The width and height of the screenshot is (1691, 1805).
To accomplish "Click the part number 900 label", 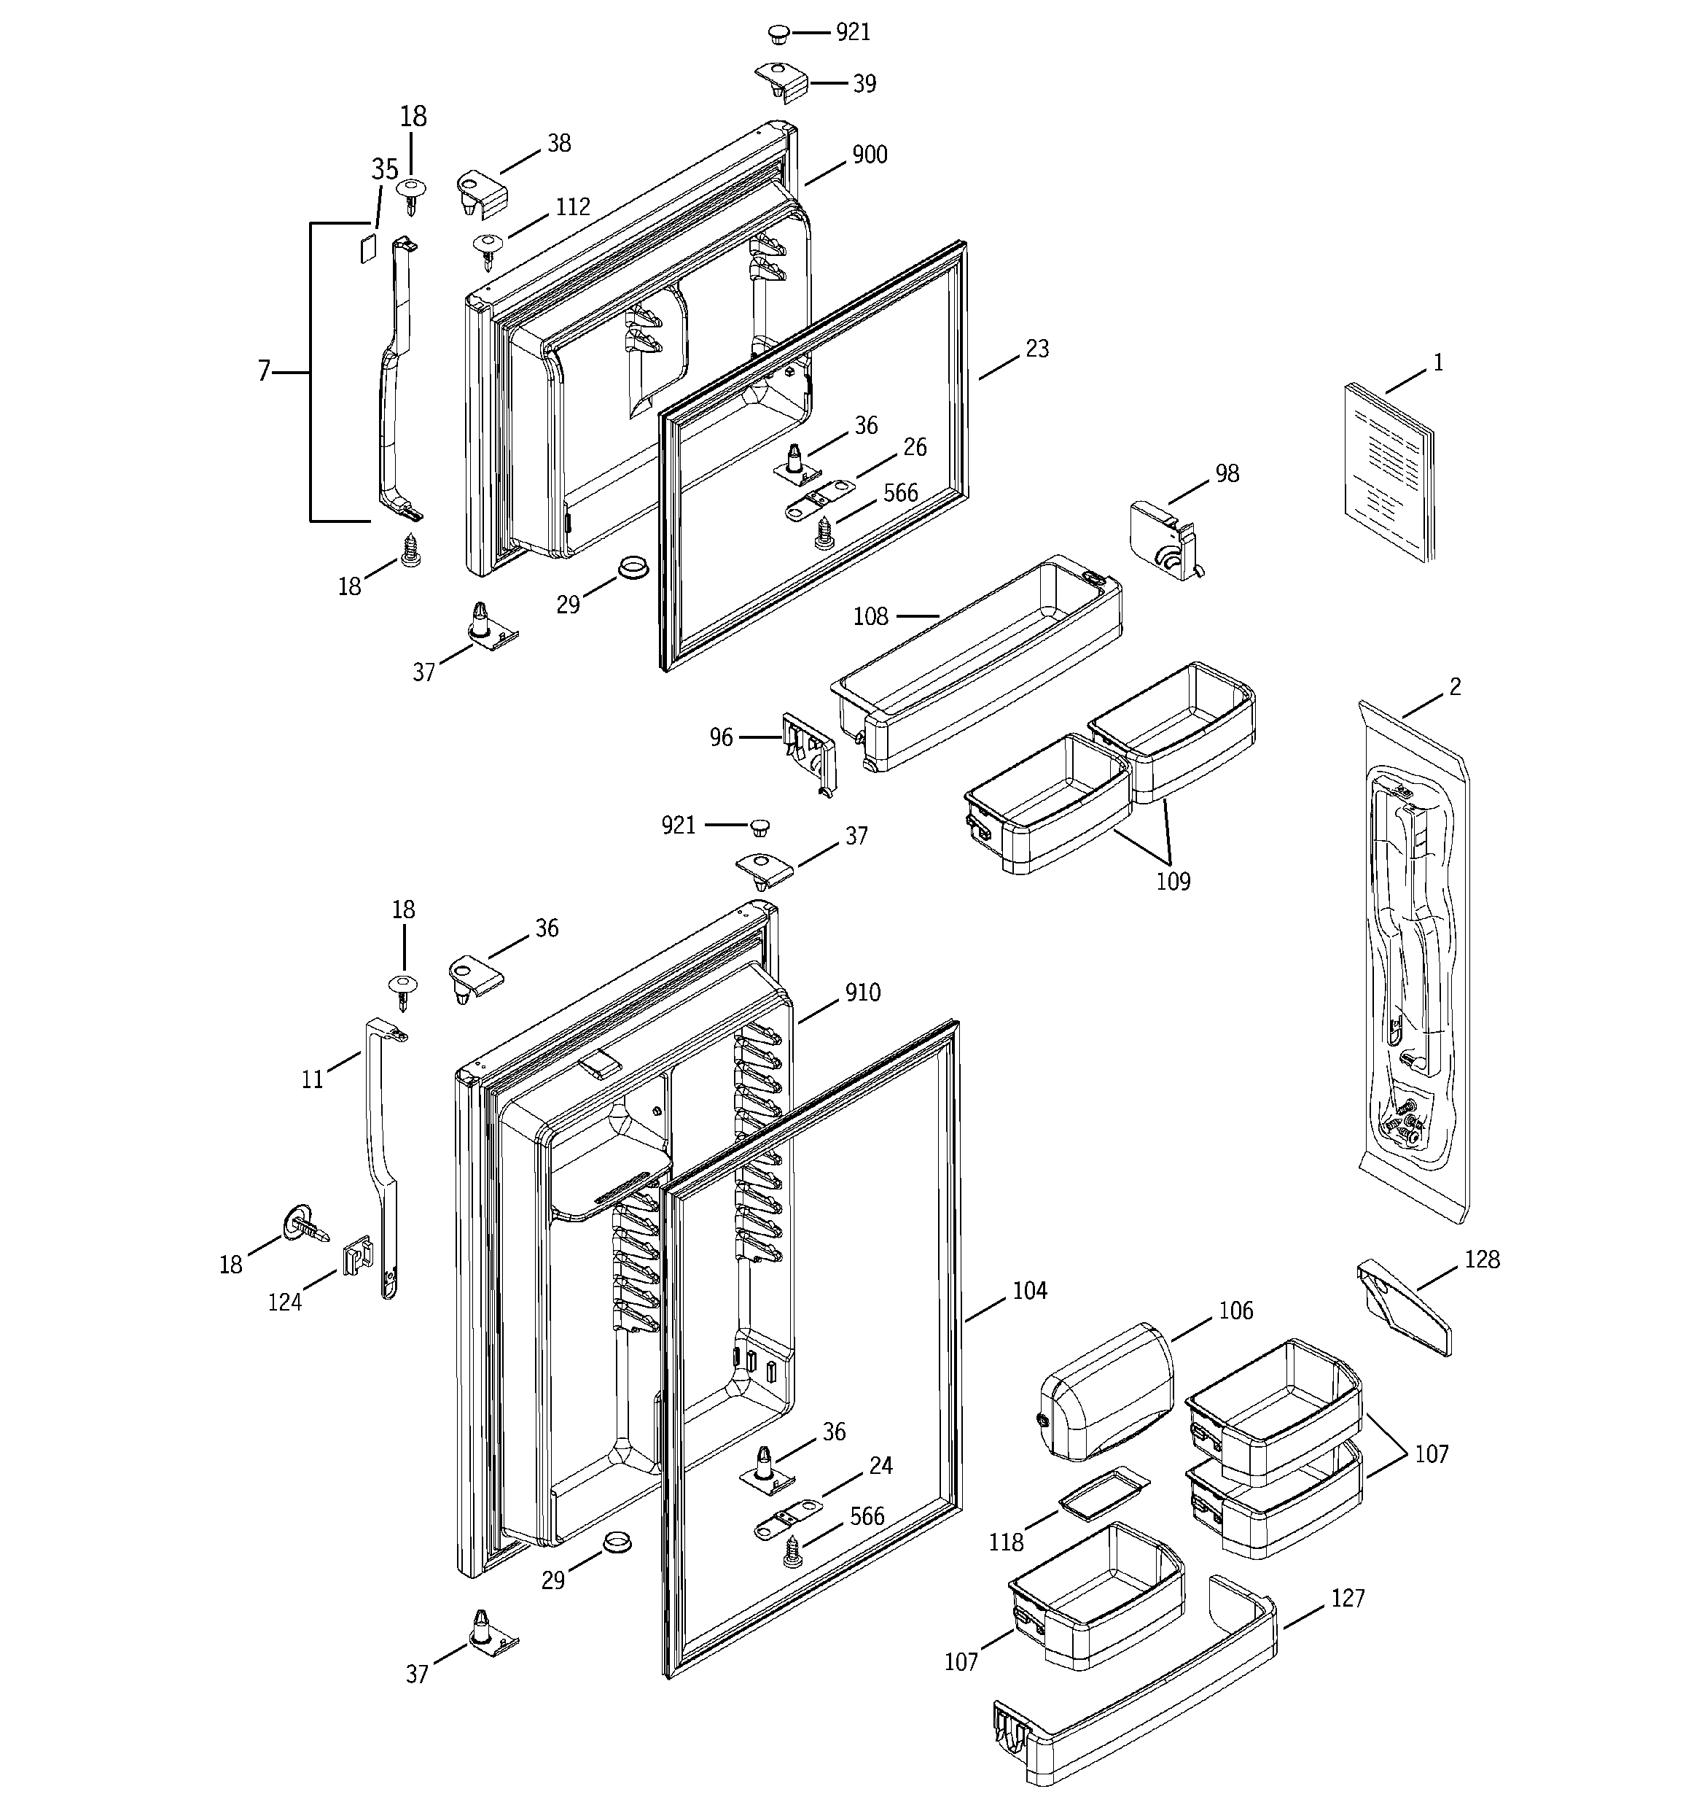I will coord(869,155).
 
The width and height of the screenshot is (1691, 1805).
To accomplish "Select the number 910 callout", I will coord(862,993).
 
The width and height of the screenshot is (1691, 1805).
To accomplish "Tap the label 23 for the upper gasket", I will coord(1036,349).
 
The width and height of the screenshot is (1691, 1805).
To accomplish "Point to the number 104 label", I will coord(1029,1290).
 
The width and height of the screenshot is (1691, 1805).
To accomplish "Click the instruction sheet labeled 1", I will coord(1389,472).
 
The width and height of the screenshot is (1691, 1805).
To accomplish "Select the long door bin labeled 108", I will coord(980,663).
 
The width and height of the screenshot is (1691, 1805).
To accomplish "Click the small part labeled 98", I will coord(1165,541).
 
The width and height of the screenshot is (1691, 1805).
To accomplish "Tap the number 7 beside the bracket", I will coord(264,371).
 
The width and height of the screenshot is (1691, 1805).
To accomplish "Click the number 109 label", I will coord(1173,882).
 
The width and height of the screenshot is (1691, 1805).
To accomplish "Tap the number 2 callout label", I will coord(1454,687).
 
